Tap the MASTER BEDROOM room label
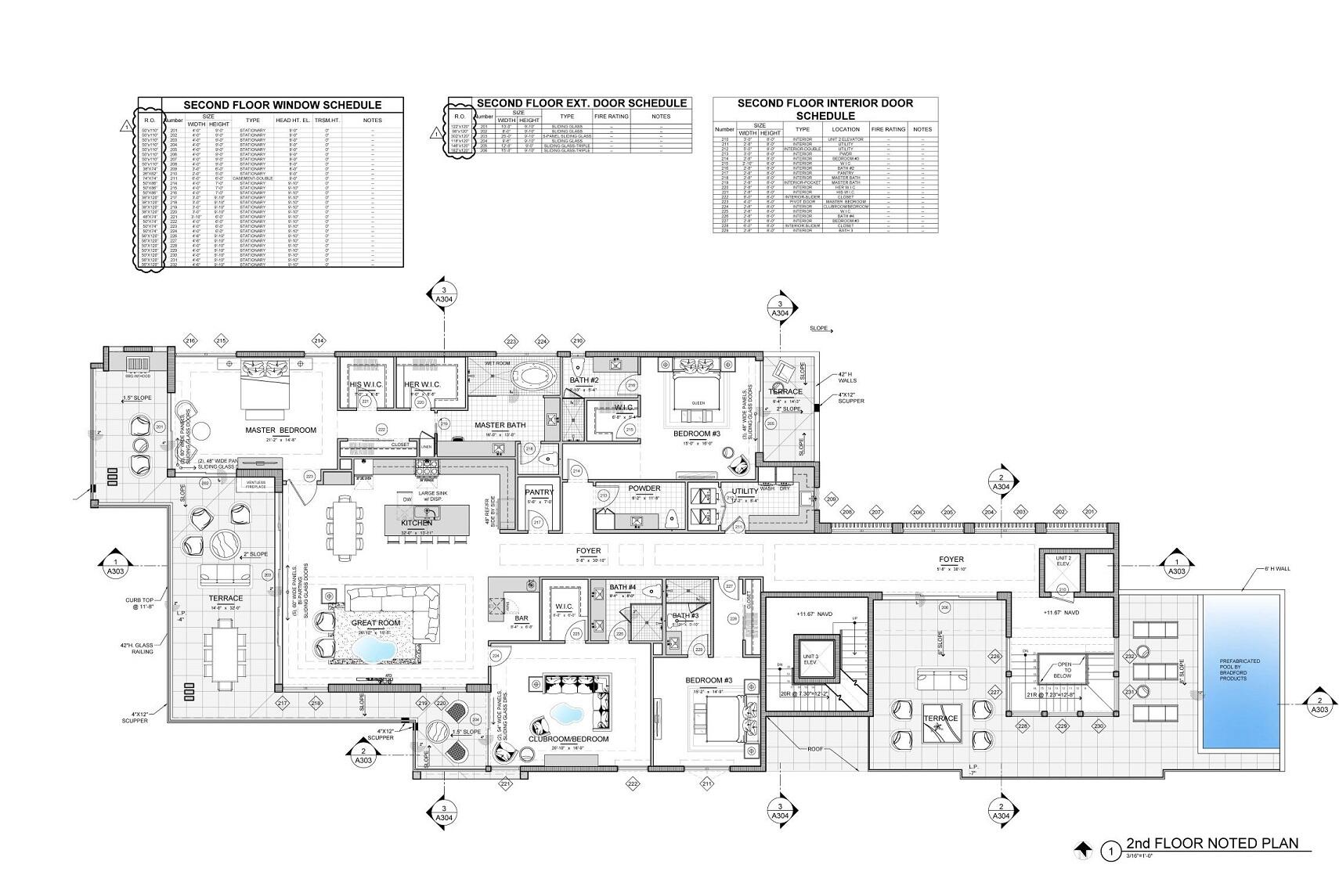[x=280, y=430]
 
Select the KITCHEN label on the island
[x=417, y=523]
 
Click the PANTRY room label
[x=540, y=492]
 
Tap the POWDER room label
[x=644, y=488]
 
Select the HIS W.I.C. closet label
[x=365, y=384]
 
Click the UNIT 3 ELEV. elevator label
[x=809, y=660]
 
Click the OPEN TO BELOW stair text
[x=1062, y=671]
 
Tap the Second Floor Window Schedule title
[x=282, y=105]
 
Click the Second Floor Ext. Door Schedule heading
[x=581, y=103]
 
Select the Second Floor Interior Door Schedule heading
[x=825, y=109]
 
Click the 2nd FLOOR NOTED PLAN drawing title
[x=1212, y=843]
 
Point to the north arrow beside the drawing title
[x=1084, y=848]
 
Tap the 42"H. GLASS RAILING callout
[x=136, y=648]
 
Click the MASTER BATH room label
[x=500, y=426]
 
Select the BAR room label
[x=499, y=618]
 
